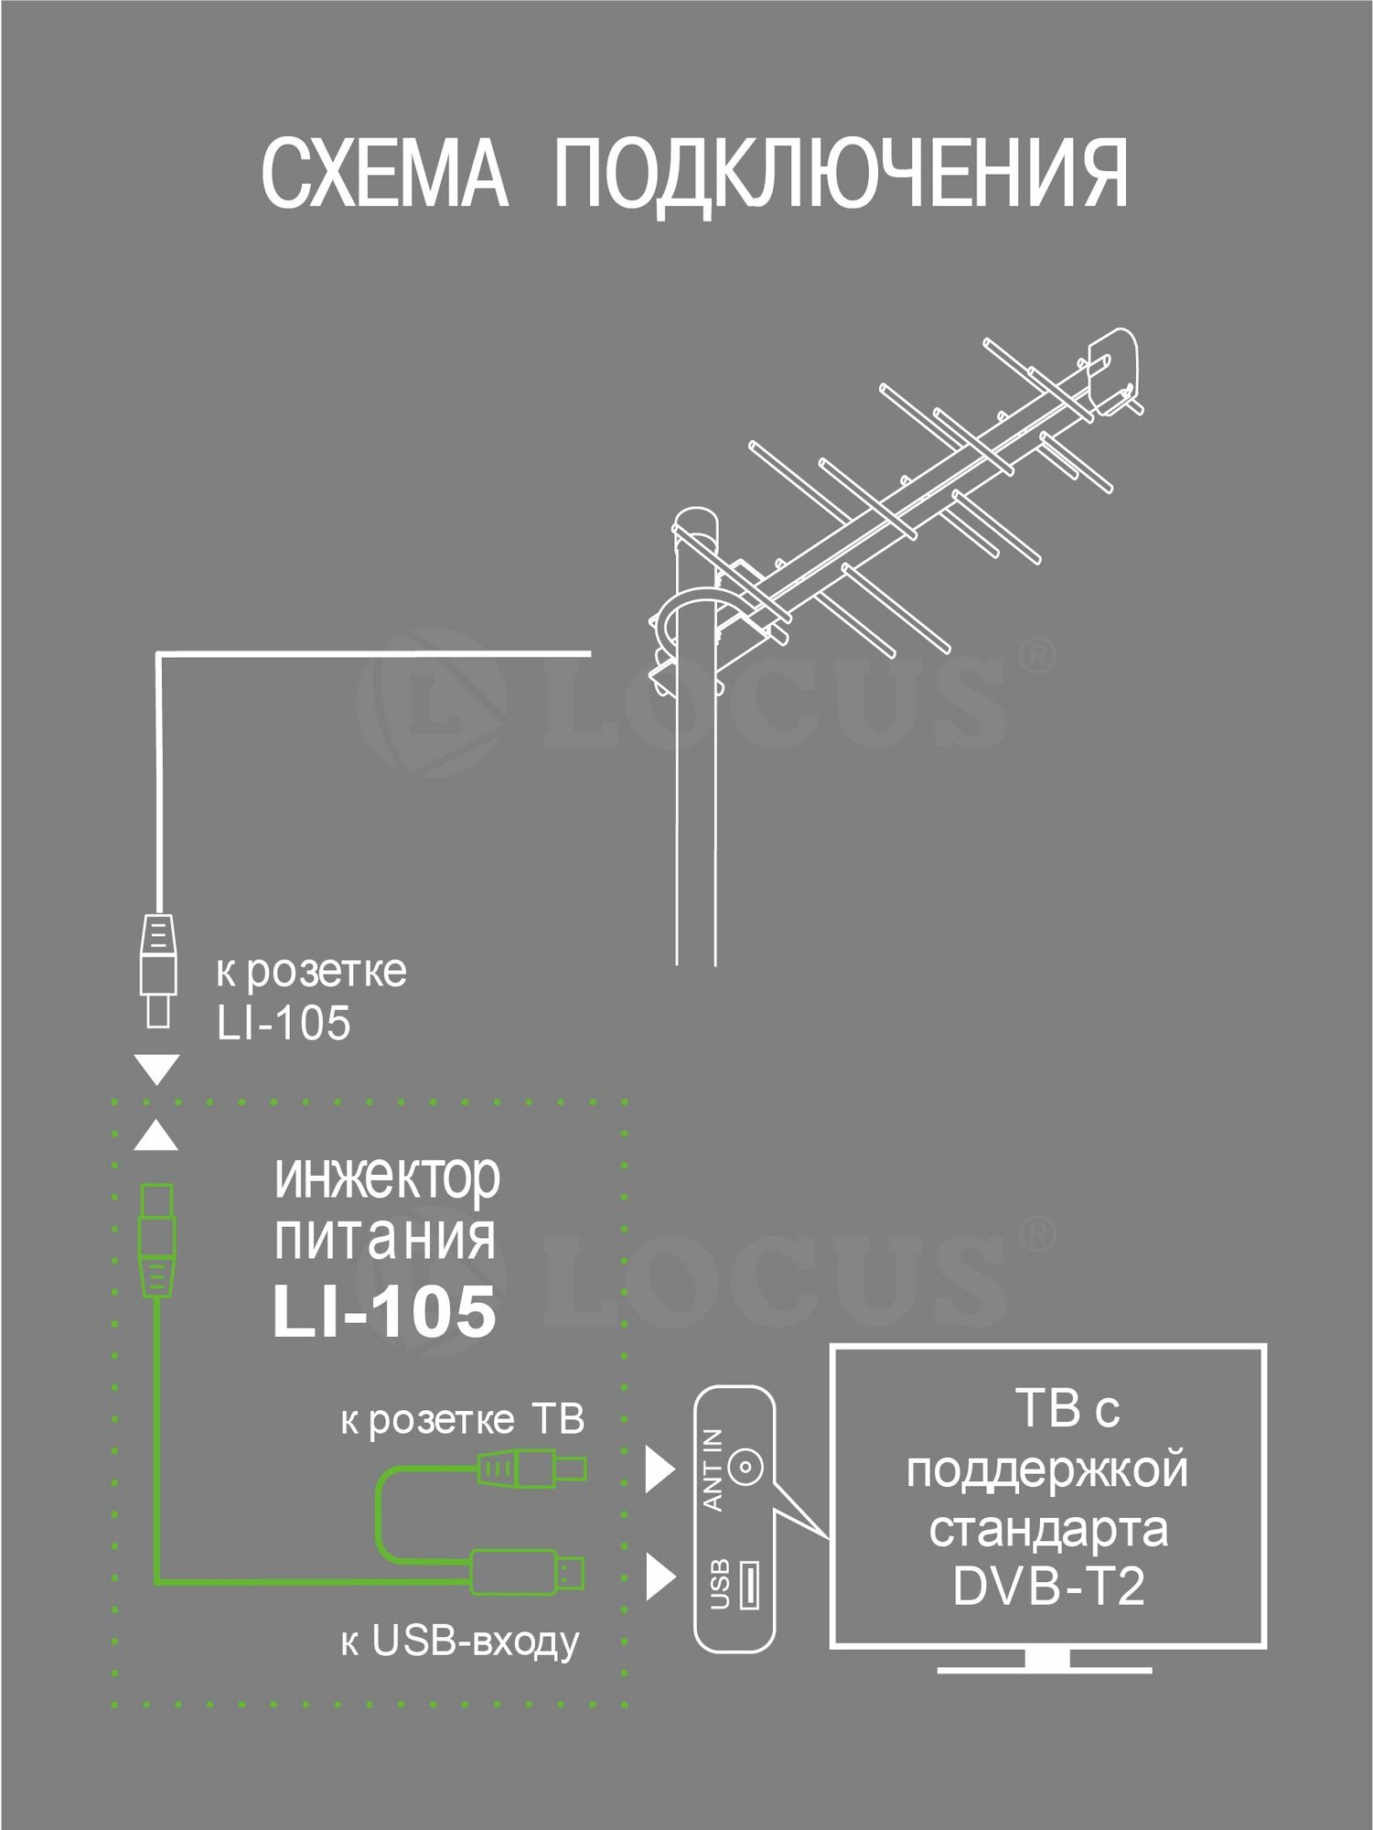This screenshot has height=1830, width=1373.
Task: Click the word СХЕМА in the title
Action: pos(384,174)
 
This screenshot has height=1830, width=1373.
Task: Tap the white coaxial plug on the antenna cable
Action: pos(157,969)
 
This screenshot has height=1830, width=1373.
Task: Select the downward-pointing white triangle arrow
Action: pos(156,1069)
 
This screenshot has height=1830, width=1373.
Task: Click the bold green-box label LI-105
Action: pos(384,1311)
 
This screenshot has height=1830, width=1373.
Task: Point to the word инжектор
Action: pos(387,1179)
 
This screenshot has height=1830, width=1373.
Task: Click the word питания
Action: pos(384,1237)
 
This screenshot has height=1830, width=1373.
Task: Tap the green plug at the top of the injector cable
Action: pos(156,1240)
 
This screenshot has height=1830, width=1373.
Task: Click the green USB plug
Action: pos(528,1572)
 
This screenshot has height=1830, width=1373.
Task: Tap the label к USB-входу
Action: pos(459,1643)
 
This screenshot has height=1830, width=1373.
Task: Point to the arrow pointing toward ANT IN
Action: pos(660,1469)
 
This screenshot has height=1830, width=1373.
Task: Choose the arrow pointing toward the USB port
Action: pos(660,1576)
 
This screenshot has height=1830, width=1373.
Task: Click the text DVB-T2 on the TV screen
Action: pos(1048,1586)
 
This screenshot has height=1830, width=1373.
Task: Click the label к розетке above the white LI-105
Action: pos(311,972)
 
